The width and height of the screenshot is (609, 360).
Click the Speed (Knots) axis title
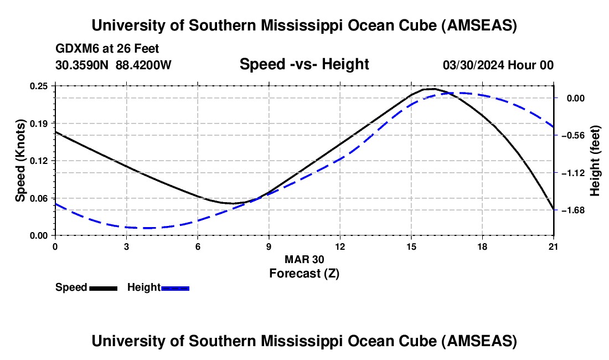coord(20,161)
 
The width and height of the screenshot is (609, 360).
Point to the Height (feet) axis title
coord(595,161)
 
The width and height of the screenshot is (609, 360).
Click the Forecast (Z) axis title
coord(304,273)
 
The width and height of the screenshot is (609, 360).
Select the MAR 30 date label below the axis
coord(304,259)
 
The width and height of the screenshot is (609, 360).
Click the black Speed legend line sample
coord(103,288)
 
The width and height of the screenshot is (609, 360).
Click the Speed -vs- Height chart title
coord(304,64)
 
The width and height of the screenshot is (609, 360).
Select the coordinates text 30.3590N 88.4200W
coord(113,65)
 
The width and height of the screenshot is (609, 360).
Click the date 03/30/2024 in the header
coord(473,65)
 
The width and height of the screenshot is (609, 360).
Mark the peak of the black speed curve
coord(431,89)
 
